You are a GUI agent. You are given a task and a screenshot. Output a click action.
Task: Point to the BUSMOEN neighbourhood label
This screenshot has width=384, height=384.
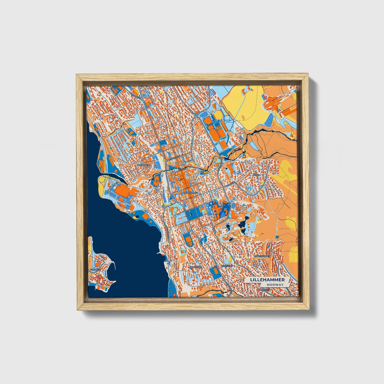144,165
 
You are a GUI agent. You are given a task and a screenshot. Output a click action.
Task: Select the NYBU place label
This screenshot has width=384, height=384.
256,175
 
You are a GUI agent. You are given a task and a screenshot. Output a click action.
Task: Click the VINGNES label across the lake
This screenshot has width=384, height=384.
95,269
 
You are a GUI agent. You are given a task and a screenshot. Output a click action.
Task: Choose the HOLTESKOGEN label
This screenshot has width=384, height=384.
262,256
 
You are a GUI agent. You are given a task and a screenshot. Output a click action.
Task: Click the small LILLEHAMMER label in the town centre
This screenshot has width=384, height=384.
191,192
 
